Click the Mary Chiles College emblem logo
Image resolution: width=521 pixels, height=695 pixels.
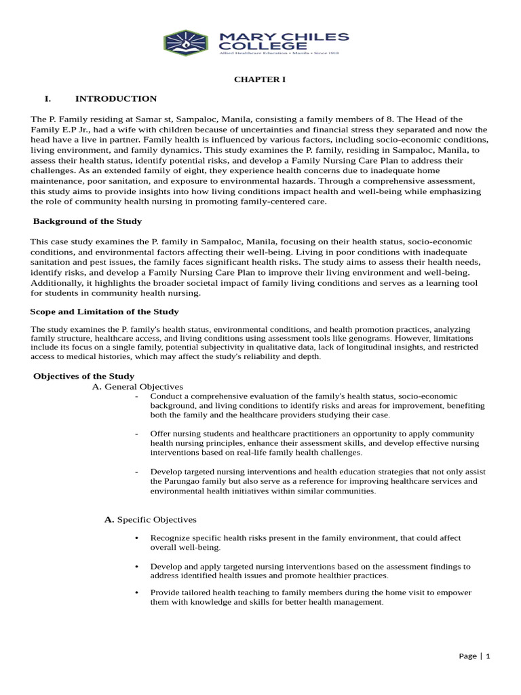185,43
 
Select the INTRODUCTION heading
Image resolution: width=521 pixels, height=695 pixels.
116,99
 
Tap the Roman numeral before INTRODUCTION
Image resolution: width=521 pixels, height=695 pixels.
48,99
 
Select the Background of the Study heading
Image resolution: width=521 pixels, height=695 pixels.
88,221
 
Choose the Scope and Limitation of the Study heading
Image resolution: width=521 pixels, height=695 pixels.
104,312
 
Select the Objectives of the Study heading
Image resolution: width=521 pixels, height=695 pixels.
84,376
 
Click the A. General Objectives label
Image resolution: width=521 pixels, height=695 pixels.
137,386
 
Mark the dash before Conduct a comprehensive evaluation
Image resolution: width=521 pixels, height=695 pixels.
137,396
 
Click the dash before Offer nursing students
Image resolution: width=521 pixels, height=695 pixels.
137,434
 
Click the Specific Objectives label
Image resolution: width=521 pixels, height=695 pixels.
157,519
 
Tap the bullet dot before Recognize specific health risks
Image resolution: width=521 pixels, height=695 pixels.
137,538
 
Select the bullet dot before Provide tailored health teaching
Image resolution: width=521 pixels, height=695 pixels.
137,593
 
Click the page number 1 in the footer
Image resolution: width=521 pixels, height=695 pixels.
487,656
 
